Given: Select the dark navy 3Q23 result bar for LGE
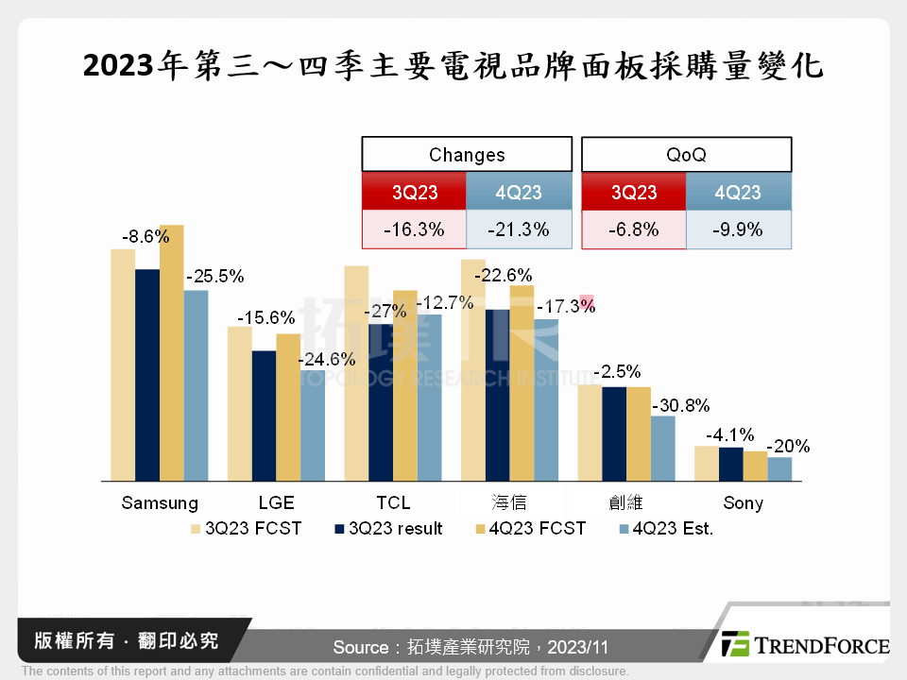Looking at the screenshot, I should click(x=264, y=416).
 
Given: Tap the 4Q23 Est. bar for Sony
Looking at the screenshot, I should click(x=779, y=469).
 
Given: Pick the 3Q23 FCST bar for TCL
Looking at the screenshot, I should click(x=356, y=373).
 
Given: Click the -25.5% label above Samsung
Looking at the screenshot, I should click(x=215, y=277).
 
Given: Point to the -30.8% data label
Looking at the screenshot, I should click(x=680, y=405).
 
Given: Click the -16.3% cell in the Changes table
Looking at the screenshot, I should click(x=414, y=229).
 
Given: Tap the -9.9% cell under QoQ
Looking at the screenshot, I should click(x=738, y=229).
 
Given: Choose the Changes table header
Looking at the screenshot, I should click(x=467, y=155).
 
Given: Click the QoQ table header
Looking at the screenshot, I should click(x=686, y=155).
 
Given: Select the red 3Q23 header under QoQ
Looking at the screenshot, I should click(x=633, y=193).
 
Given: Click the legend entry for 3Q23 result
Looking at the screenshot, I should click(x=389, y=529).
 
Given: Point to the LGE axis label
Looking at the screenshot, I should click(x=276, y=502).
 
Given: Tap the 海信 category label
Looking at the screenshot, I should click(x=508, y=502).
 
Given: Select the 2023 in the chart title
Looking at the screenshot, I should click(x=119, y=67).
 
